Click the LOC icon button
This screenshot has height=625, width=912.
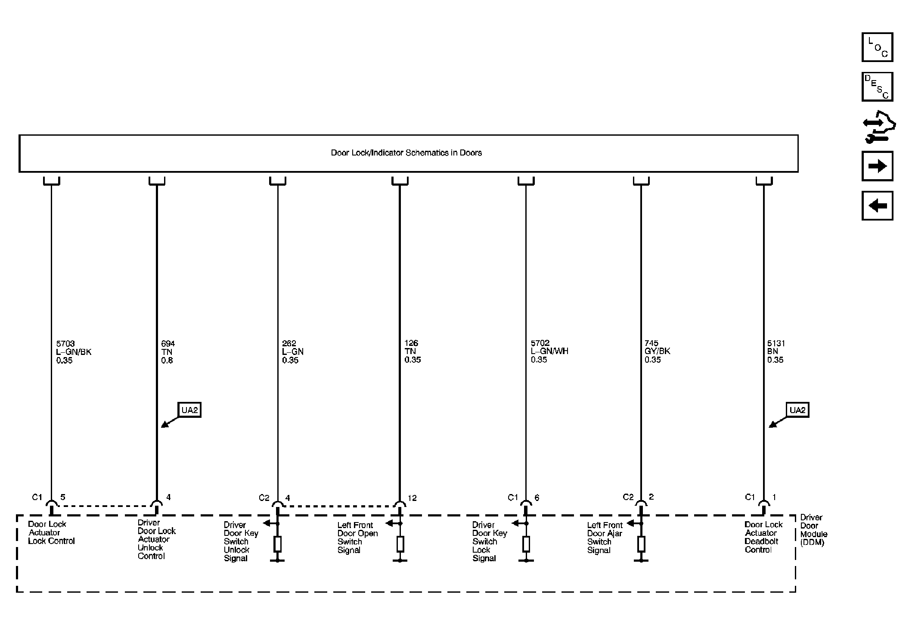click(x=877, y=47)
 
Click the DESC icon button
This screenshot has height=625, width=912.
click(x=877, y=87)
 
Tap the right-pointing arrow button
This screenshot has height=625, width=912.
click(x=877, y=166)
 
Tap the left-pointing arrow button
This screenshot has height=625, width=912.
click(x=877, y=206)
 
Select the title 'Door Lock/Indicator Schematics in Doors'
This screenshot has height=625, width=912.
click(x=406, y=153)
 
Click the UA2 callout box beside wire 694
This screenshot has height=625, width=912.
click(x=189, y=410)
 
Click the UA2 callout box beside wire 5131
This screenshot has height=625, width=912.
click(x=797, y=410)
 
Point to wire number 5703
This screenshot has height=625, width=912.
click(x=65, y=344)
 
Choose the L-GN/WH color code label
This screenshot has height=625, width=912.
click(x=549, y=351)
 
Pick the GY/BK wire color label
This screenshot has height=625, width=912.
click(x=657, y=351)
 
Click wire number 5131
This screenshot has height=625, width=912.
click(x=776, y=344)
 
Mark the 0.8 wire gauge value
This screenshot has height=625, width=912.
click(x=167, y=360)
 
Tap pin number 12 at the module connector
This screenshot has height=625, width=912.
click(x=412, y=498)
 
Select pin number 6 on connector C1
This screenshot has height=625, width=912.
click(x=537, y=498)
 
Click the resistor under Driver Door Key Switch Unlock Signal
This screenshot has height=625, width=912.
click(x=278, y=544)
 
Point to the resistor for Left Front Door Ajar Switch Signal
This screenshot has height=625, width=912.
click(x=641, y=544)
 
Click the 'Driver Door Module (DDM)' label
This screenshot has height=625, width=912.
click(x=813, y=530)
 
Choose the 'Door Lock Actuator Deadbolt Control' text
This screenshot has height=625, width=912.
click(x=763, y=537)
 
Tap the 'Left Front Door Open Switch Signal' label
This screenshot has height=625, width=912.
click(x=357, y=538)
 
